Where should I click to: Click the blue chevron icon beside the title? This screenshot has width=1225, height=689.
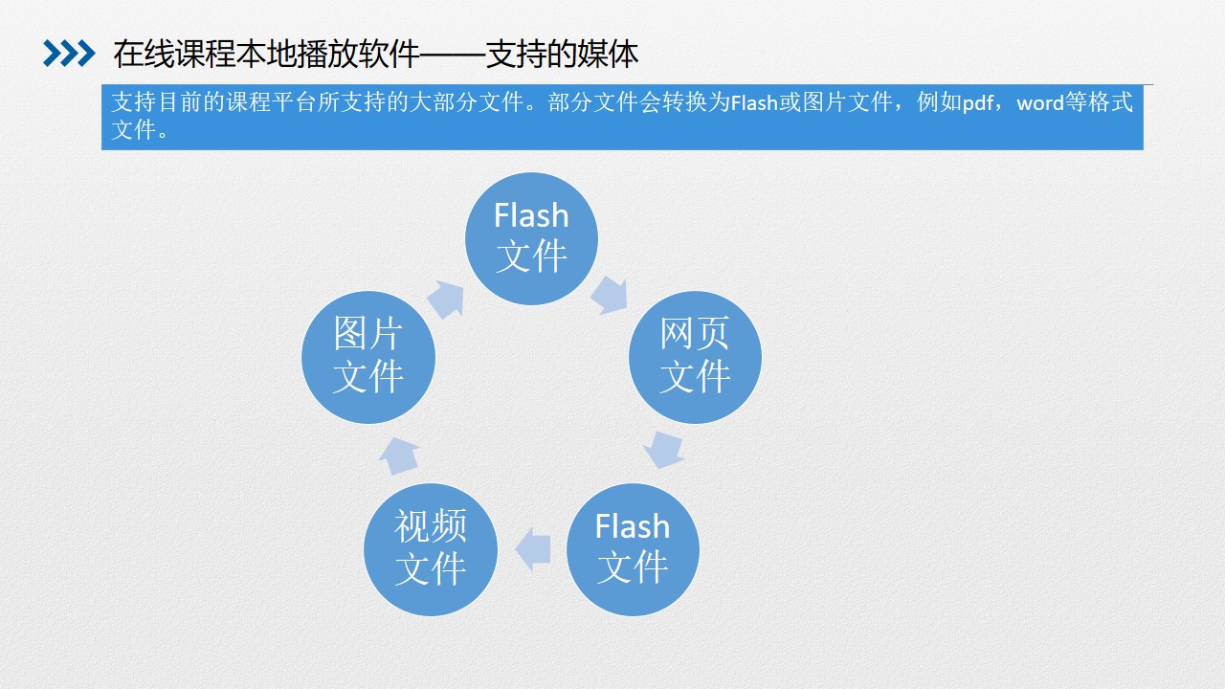(69, 54)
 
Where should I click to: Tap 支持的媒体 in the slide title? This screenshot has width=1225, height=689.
(562, 55)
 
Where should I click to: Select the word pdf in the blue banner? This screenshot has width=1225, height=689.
(977, 102)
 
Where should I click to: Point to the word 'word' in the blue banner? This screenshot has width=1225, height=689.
(1040, 102)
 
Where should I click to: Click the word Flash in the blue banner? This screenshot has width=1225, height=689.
(754, 102)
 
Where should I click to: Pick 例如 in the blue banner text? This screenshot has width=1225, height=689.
(939, 102)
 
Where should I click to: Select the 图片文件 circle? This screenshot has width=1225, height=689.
(368, 357)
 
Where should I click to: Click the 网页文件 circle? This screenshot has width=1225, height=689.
(695, 357)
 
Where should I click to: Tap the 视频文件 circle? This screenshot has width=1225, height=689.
(431, 549)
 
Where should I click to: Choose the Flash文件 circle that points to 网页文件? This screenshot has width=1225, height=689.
(531, 238)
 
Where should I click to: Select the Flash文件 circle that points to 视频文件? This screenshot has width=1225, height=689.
(633, 549)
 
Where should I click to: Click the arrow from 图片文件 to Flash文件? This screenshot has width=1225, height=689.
(447, 299)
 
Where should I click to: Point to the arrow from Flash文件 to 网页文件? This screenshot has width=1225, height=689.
(610, 296)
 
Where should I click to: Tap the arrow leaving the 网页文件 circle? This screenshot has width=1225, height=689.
(664, 450)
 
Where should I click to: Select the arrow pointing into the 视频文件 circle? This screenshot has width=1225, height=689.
(533, 549)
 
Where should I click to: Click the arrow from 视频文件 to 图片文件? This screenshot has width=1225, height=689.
(399, 456)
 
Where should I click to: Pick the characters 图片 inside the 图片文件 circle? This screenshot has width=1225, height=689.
(368, 333)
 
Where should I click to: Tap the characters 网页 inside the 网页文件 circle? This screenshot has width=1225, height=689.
(695, 333)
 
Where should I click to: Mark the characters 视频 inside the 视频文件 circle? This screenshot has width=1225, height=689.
(431, 526)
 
